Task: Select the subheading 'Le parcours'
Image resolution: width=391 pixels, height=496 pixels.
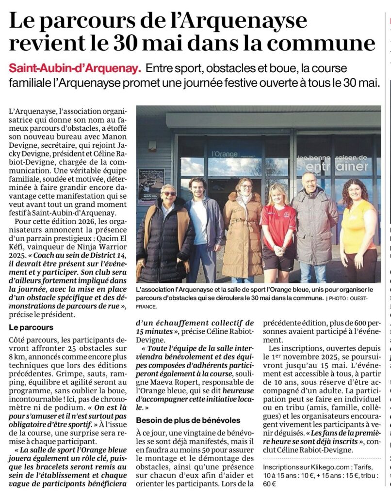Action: point(31,327)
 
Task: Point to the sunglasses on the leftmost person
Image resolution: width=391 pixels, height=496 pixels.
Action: point(169,194)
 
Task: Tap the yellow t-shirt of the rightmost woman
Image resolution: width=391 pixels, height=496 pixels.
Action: point(358,227)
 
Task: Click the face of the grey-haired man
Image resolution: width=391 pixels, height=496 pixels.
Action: point(309,182)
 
